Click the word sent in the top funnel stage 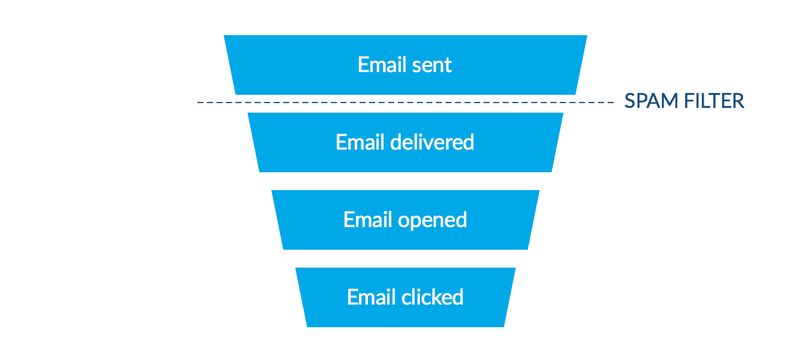coord(431,65)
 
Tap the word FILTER coord(714,101)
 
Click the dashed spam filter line coord(405,103)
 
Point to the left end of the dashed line coord(199,103)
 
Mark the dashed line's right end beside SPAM coord(612,103)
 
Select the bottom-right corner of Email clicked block coord(503,325)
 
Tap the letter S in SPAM coord(630,101)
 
